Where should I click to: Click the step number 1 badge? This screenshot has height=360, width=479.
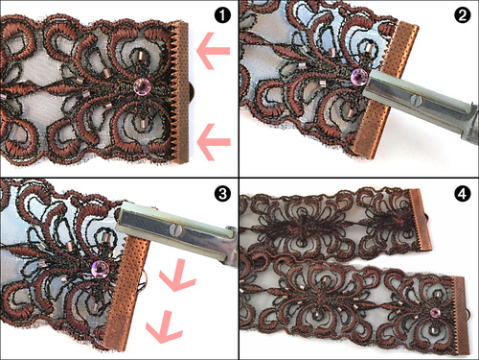coord(222,15)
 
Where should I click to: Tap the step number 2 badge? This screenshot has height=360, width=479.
coord(462,15)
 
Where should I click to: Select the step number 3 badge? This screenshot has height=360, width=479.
coord(222,194)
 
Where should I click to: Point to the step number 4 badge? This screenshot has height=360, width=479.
coord(462,194)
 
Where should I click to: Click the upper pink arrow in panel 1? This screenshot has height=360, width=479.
coord(213,51)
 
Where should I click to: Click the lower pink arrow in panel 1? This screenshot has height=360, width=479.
coord(213,142)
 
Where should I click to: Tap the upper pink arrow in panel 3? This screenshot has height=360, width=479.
coord(176,276)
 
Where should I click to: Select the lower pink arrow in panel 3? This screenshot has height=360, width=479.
coord(164,327)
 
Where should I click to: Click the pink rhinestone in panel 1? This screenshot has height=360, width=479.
coord(141,85)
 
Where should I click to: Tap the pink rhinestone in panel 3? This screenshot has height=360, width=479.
coord(99,269)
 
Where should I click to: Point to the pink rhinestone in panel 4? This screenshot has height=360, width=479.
coord(435,312)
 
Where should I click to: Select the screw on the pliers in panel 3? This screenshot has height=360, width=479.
coord(176,229)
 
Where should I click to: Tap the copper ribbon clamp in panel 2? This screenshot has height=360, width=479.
coord(386,89)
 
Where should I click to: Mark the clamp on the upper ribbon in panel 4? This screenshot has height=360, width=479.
coord(421,220)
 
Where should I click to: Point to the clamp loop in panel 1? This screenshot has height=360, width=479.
coord(192,92)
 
